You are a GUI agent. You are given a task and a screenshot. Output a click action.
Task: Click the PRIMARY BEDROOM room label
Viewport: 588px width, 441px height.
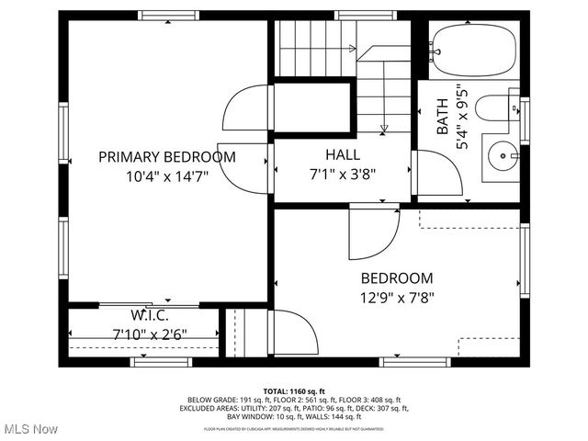coord(167,157)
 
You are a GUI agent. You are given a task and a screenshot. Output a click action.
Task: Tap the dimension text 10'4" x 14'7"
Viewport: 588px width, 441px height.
coord(167,176)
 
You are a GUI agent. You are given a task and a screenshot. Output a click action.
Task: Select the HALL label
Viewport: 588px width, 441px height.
coord(343,154)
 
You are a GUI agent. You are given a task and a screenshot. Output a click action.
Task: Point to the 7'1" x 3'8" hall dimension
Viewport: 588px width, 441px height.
coord(343,173)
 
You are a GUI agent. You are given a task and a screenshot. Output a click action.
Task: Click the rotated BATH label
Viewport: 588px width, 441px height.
coord(443,118)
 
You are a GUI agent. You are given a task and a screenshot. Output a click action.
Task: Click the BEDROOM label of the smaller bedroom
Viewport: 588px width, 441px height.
coord(396,278)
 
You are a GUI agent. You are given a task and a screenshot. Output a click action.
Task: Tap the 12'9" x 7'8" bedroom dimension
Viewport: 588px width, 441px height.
coord(396,297)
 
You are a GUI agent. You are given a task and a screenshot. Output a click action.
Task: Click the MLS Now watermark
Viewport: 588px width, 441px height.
coord(29,429)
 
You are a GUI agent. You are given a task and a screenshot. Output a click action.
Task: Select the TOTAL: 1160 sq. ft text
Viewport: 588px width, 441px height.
coord(294,390)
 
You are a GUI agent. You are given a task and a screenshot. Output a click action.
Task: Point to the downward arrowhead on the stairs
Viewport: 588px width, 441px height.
coord(384,128)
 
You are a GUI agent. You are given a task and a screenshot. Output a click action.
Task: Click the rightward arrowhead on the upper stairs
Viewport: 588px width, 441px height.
coord(352,48)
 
